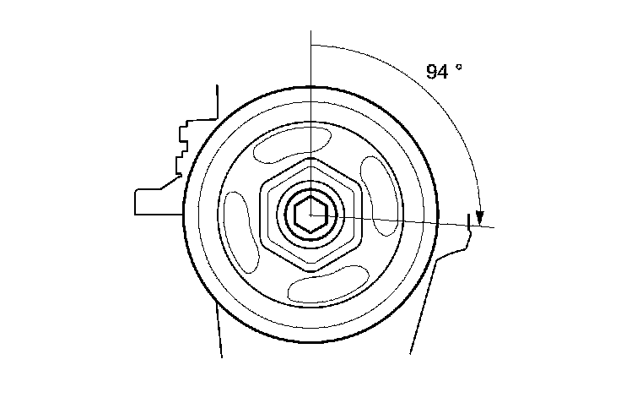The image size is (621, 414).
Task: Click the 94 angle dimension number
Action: (x=437, y=72)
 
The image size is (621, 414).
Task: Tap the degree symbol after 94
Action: (x=459, y=67)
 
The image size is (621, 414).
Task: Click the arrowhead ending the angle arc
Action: (x=479, y=217)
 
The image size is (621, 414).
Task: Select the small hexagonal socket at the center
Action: (x=310, y=215)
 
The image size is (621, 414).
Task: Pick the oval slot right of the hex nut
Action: (x=379, y=196)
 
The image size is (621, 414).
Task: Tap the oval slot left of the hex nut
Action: (x=241, y=233)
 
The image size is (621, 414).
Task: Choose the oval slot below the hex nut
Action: (x=328, y=284)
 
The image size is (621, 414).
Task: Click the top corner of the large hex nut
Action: (x=311, y=158)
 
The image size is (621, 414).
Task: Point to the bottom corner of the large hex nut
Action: (x=311, y=272)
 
